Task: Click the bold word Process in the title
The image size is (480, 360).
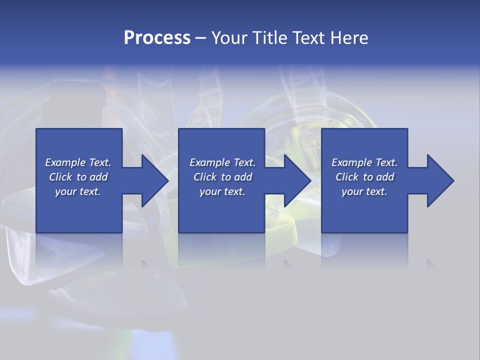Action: pos(157,38)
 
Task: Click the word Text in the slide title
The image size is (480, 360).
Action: pos(308,38)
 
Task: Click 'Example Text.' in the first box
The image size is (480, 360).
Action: pos(78,162)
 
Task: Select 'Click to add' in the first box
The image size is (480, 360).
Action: pos(78,177)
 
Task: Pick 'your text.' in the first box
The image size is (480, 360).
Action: pos(78,191)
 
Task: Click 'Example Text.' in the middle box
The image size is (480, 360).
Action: pos(222,162)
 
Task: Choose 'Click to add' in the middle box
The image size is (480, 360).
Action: pos(222,177)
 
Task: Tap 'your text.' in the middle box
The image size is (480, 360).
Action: pos(222,191)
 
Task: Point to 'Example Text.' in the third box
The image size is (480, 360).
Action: pos(364,162)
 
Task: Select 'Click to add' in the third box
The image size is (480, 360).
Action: pos(364,177)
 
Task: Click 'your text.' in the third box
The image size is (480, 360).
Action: pos(364,191)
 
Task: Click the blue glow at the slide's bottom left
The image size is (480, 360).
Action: pos(20,316)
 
